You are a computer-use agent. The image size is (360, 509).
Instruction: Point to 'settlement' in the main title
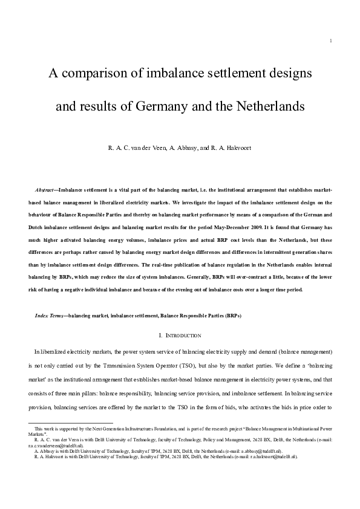(x=241, y=74)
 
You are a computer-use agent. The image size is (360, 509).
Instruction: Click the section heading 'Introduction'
(x=181, y=335)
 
